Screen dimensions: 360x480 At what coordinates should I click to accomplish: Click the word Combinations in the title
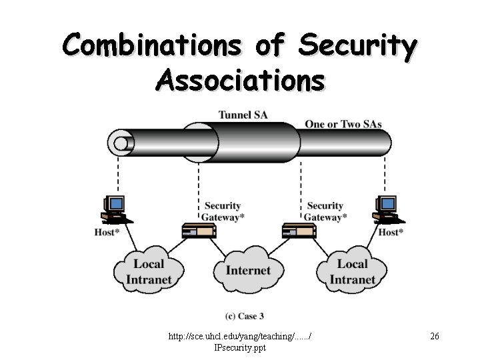click(x=152, y=45)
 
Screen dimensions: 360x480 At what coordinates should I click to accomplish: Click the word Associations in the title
click(x=240, y=80)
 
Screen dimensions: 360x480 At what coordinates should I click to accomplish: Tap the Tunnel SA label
click(x=243, y=115)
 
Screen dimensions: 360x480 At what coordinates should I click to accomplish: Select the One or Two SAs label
click(x=343, y=123)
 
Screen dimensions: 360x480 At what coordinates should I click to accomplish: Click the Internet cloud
click(x=248, y=269)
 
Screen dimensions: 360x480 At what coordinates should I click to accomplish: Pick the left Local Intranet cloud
click(x=149, y=271)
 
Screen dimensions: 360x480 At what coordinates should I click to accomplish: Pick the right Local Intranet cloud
click(x=351, y=271)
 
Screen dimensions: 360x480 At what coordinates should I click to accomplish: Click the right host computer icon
click(x=387, y=209)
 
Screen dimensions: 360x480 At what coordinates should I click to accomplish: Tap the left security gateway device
click(x=199, y=231)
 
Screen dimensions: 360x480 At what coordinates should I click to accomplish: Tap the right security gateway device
click(x=299, y=231)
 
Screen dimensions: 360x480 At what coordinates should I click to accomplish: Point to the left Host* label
click(x=107, y=232)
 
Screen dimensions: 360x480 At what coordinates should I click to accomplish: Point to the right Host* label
click(x=391, y=232)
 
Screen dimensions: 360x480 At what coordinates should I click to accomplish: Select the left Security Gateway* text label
click(x=223, y=211)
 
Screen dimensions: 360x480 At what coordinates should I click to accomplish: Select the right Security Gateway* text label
click(x=325, y=211)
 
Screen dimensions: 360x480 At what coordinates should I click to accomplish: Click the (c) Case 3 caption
click(x=245, y=315)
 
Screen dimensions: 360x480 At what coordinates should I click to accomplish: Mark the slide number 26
click(x=434, y=337)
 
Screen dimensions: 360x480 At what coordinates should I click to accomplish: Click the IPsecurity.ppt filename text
click(x=240, y=348)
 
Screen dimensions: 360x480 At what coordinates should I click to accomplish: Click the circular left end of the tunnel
click(x=121, y=142)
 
